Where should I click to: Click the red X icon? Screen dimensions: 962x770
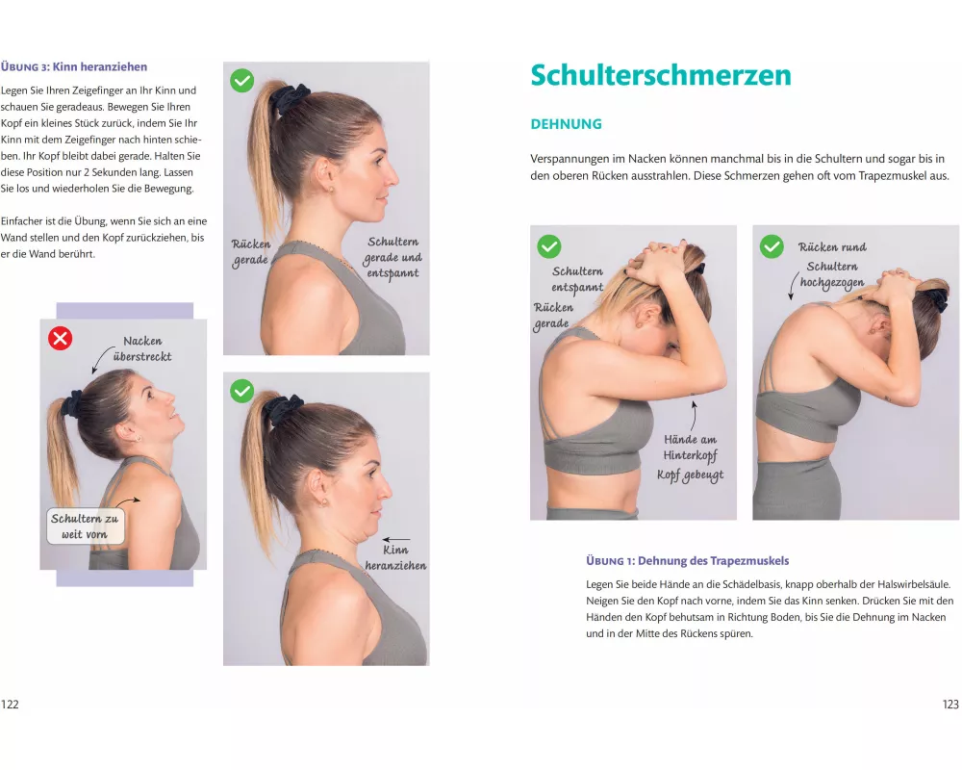click(x=60, y=339)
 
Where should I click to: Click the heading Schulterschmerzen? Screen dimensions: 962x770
click(x=661, y=75)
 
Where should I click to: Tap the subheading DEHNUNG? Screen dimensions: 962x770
click(x=566, y=124)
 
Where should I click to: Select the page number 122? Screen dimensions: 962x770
click(x=10, y=705)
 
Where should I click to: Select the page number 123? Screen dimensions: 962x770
click(x=950, y=705)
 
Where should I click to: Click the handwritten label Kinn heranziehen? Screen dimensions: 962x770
click(x=395, y=557)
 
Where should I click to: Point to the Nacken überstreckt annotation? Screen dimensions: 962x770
click(x=141, y=348)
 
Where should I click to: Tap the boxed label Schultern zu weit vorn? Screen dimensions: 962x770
click(x=86, y=526)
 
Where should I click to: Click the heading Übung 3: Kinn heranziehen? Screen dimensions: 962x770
click(x=74, y=67)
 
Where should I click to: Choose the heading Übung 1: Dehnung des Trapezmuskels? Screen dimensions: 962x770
click(x=687, y=560)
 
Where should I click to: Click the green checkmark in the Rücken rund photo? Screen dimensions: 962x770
click(x=772, y=246)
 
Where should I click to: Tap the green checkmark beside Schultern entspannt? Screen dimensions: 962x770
click(x=549, y=246)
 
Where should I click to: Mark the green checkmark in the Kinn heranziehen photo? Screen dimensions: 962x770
click(x=241, y=391)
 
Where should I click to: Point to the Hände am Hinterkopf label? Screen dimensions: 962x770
click(x=690, y=447)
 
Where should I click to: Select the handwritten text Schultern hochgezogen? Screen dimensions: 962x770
click(x=832, y=274)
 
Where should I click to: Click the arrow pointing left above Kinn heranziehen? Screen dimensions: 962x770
click(x=395, y=539)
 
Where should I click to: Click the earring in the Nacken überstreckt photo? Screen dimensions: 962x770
click(x=137, y=439)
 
